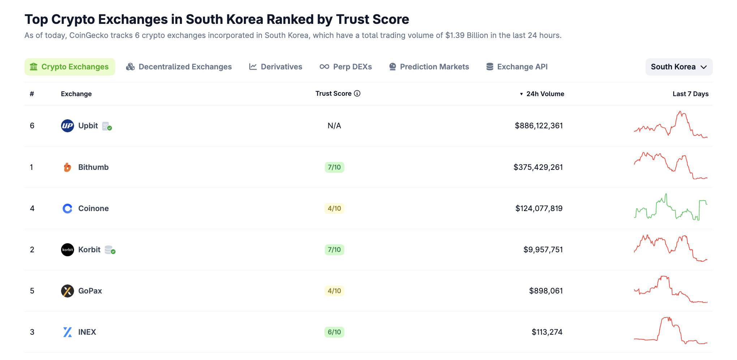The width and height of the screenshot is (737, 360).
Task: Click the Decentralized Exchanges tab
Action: pos(179,67)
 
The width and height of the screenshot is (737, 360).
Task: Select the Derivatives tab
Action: pos(276,67)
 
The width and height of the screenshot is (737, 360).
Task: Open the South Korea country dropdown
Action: pos(678,67)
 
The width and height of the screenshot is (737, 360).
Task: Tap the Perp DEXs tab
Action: pos(346,67)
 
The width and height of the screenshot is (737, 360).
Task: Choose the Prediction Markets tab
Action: pos(429,67)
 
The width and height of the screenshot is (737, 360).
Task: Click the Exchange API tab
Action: pos(517,67)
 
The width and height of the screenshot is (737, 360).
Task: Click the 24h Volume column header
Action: pos(545,94)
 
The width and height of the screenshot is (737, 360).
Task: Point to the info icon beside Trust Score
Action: pos(357,94)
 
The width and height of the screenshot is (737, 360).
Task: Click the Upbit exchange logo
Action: pos(68,126)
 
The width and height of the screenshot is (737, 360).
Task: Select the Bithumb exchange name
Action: pos(93,167)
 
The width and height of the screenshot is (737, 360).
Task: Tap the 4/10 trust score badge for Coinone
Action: pos(334,209)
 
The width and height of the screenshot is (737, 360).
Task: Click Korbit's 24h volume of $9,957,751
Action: pos(543,250)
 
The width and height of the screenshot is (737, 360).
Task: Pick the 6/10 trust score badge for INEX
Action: pos(334,332)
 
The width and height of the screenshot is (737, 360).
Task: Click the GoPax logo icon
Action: pos(68,291)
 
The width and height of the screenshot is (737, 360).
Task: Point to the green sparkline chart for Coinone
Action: pos(671,209)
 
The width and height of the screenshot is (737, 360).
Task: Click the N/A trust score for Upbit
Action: pos(334,126)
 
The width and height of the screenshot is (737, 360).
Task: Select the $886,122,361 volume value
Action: pos(539,126)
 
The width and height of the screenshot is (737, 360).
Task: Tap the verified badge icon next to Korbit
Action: pos(110,250)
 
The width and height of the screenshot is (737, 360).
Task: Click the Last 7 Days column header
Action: pos(690,94)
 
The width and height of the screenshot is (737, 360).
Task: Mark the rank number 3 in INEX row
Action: pos(32,332)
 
